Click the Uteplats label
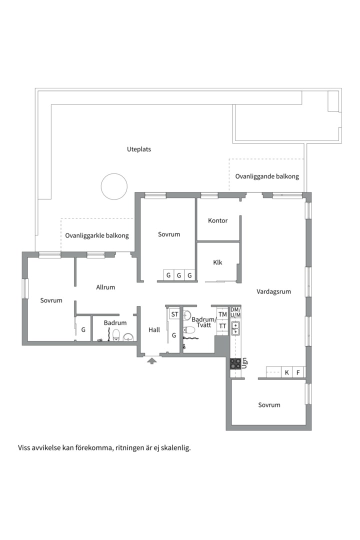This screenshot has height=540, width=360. [139, 149]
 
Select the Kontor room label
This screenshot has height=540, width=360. [217, 220]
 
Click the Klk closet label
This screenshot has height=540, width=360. [217, 262]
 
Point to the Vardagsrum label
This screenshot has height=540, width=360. [273, 291]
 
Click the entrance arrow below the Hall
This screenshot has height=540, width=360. [152, 360]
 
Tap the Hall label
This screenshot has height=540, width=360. [154, 330]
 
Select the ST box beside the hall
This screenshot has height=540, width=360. [174, 314]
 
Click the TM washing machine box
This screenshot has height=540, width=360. [222, 314]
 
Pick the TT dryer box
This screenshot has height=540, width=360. [222, 326]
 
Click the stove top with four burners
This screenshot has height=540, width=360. [235, 363]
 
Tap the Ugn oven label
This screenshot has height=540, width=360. [244, 363]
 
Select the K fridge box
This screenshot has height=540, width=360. [286, 372]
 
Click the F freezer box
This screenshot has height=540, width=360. [298, 372]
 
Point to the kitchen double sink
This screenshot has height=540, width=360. [235, 328]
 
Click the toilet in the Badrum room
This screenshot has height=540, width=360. [116, 335]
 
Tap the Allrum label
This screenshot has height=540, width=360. [105, 287]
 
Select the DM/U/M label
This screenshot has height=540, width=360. [235, 312]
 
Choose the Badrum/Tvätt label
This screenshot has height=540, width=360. [204, 322]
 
